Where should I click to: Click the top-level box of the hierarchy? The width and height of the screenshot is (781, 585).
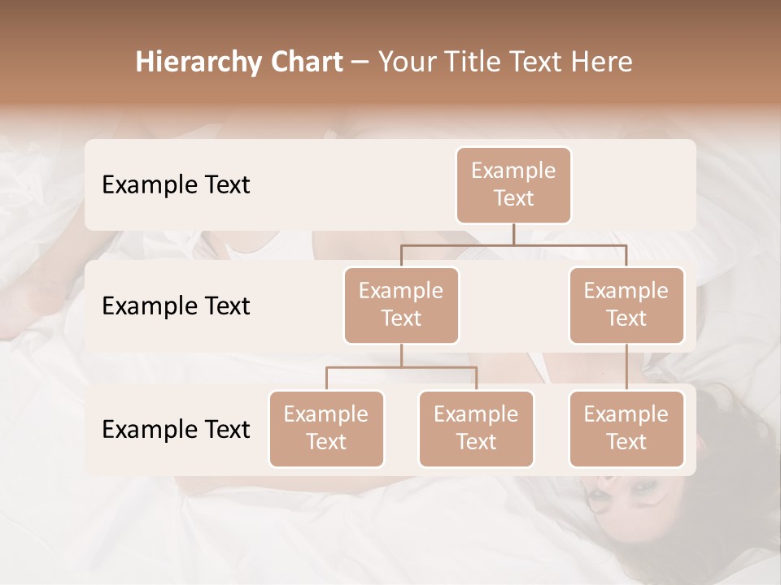(x=513, y=184)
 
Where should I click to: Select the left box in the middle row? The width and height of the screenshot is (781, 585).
(x=401, y=305)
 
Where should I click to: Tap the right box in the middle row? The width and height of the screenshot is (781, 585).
(x=626, y=305)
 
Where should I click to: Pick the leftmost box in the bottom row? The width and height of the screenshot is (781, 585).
(x=326, y=428)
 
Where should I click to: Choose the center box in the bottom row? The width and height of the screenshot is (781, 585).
(x=476, y=428)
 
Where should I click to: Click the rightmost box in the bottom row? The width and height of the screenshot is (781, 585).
(x=626, y=428)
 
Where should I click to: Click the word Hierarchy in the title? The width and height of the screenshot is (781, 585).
(x=198, y=63)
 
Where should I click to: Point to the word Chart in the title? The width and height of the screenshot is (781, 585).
(x=305, y=63)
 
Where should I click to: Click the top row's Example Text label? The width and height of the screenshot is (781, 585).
(x=176, y=185)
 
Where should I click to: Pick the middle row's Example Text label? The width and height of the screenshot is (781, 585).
(x=176, y=306)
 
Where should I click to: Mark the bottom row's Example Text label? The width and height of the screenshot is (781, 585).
(x=176, y=429)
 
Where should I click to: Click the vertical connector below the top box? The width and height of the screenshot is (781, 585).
(x=513, y=234)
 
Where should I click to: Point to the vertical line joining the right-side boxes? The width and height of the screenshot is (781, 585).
(x=626, y=367)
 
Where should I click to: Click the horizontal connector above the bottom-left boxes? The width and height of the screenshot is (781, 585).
(x=401, y=367)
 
